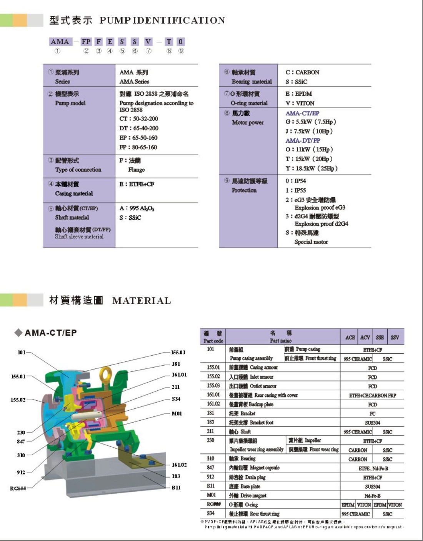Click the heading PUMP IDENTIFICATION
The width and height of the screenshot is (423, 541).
pos(162,20)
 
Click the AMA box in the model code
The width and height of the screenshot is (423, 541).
pos(60,42)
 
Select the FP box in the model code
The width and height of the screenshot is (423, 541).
pos(86,42)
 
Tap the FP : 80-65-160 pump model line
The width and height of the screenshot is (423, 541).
pos(138,147)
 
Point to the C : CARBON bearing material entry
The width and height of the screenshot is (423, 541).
pos(302,72)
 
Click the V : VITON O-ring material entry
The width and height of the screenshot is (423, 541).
pos(300,103)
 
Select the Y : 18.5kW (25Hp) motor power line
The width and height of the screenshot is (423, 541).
pos(311,168)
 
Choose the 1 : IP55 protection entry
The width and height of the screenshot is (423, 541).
pos(295,190)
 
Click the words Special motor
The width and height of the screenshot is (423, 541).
pos(311,242)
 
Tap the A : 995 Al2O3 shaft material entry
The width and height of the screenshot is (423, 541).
pos(137,208)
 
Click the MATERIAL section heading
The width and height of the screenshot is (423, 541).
pos(142,301)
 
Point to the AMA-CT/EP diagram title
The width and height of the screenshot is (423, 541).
pos(50,333)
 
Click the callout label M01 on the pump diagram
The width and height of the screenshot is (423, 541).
pos(177,414)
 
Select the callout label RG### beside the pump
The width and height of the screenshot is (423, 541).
pos(18,488)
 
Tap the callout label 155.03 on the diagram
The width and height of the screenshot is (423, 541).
pos(178,352)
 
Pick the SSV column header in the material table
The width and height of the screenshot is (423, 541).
pos(395,338)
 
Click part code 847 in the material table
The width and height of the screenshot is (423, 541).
pos(210,468)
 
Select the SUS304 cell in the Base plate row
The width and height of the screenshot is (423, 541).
pos(373,486)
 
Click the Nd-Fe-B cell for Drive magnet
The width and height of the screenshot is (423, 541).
pos(373,496)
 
